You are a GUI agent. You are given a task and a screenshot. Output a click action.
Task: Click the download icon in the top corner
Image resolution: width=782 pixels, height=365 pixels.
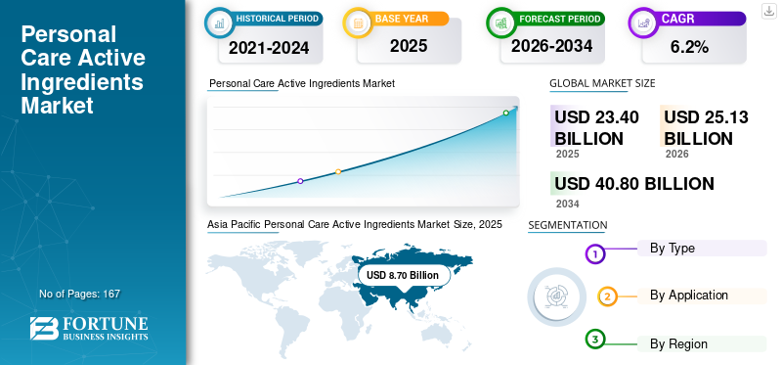coord(768,11)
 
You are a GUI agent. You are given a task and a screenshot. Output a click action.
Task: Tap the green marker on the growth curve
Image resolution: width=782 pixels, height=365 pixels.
coord(505,113)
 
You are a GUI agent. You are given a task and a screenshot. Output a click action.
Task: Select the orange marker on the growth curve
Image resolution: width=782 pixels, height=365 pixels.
coord(338,172)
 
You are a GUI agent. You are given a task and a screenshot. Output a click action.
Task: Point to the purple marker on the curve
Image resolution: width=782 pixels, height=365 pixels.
coord(300,181)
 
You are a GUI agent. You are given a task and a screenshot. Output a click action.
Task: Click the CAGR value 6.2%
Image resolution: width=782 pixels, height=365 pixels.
coord(689,47)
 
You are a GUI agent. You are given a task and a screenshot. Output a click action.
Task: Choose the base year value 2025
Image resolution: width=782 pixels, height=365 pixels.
coord(409,46)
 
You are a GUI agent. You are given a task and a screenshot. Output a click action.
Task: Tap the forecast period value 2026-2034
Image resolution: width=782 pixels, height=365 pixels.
coord(551,46)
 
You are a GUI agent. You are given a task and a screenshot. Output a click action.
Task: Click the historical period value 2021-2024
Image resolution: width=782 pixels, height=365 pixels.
coord(269,48)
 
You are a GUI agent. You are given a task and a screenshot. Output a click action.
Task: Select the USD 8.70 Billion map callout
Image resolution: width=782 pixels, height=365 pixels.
coord(403,275)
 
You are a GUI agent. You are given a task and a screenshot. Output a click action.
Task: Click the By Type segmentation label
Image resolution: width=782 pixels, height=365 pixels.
coord(672,248)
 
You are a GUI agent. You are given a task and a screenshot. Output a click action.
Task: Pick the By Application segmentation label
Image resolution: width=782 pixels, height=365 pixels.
coord(689,296)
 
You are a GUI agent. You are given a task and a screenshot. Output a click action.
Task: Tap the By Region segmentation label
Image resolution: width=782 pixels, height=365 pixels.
coord(678,343)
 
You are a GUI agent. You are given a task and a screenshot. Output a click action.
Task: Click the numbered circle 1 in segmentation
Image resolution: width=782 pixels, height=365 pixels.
coord(594,254)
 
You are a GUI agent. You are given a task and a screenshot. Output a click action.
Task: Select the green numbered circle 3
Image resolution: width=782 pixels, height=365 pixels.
coord(594,340)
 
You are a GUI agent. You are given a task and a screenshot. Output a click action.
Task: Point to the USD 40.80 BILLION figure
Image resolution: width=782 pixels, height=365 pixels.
coord(633,184)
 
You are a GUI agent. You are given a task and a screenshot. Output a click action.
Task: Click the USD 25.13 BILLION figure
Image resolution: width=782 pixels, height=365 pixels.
coord(706,128)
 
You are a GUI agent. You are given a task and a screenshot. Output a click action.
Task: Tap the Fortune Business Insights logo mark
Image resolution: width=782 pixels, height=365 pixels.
coord(44,329)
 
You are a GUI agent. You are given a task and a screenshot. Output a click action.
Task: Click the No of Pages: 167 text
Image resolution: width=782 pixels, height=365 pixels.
coord(79,294)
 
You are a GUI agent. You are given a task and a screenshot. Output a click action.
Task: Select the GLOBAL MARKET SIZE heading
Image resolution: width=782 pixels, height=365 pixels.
coord(602,83)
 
